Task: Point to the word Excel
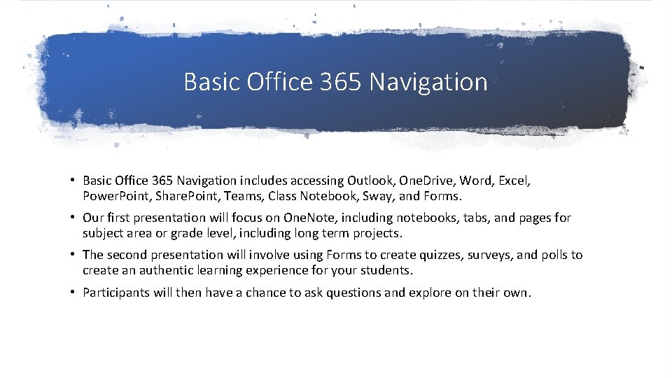(x=514, y=181)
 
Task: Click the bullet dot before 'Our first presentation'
(x=73, y=218)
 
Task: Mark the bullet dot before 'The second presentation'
(x=73, y=255)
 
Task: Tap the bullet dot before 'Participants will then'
(x=73, y=293)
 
